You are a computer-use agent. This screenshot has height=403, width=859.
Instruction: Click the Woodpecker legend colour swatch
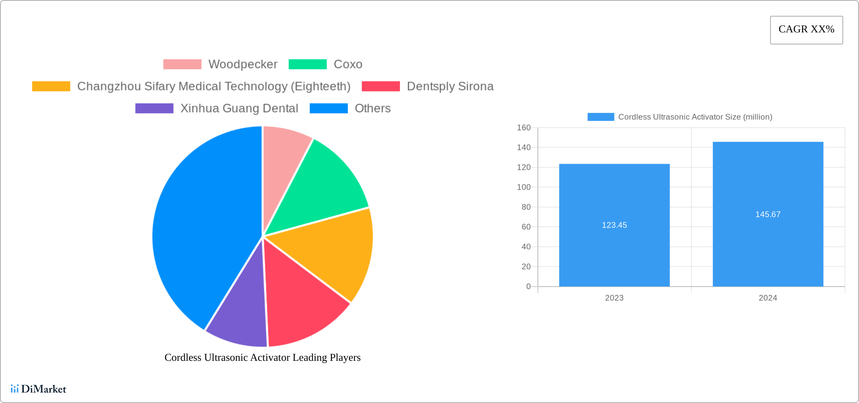tap(182, 64)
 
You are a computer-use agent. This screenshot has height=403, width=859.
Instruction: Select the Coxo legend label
tap(348, 64)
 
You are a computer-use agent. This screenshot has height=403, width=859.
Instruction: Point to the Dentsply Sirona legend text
tap(450, 86)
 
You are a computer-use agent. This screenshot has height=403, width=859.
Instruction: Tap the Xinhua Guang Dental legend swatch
tap(154, 108)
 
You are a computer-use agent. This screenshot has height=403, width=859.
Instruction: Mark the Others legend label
tap(372, 108)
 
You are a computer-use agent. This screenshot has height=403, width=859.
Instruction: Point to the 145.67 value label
tap(768, 214)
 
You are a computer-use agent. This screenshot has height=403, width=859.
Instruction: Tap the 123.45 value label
tap(614, 225)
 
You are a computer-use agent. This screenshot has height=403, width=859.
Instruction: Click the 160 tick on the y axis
tap(524, 128)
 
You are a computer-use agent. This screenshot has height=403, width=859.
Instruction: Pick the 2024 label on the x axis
tap(768, 298)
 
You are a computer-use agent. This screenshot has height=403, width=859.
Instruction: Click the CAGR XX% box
tap(806, 30)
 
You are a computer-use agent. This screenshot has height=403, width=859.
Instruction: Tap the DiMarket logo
tap(38, 389)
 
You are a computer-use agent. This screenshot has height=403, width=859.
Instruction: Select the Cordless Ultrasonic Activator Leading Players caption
tap(263, 357)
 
